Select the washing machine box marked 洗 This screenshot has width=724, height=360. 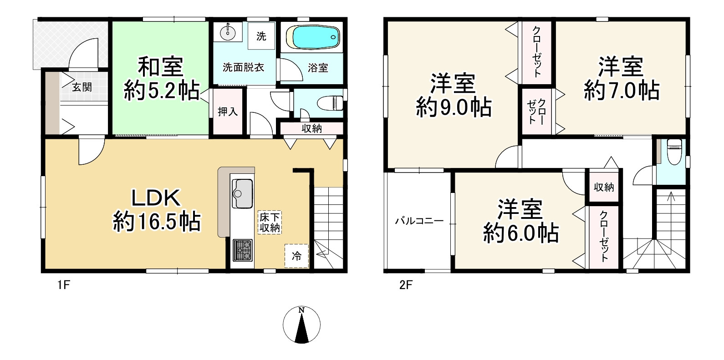click(261, 36)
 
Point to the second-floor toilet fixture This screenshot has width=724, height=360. click(673, 150)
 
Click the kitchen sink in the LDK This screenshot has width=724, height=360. click(242, 191)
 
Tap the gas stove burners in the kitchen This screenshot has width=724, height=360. click(242, 249)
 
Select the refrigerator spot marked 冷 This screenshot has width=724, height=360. click(296, 256)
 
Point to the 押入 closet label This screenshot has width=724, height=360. click(228, 111)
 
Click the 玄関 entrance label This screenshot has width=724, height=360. click(82, 87)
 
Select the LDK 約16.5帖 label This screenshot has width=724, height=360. click(156, 211)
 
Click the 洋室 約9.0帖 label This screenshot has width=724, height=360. click(454, 96)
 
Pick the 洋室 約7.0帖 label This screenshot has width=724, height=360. click(621, 78)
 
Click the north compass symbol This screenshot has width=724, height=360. click(301, 324)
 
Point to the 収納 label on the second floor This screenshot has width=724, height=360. click(604, 187)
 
